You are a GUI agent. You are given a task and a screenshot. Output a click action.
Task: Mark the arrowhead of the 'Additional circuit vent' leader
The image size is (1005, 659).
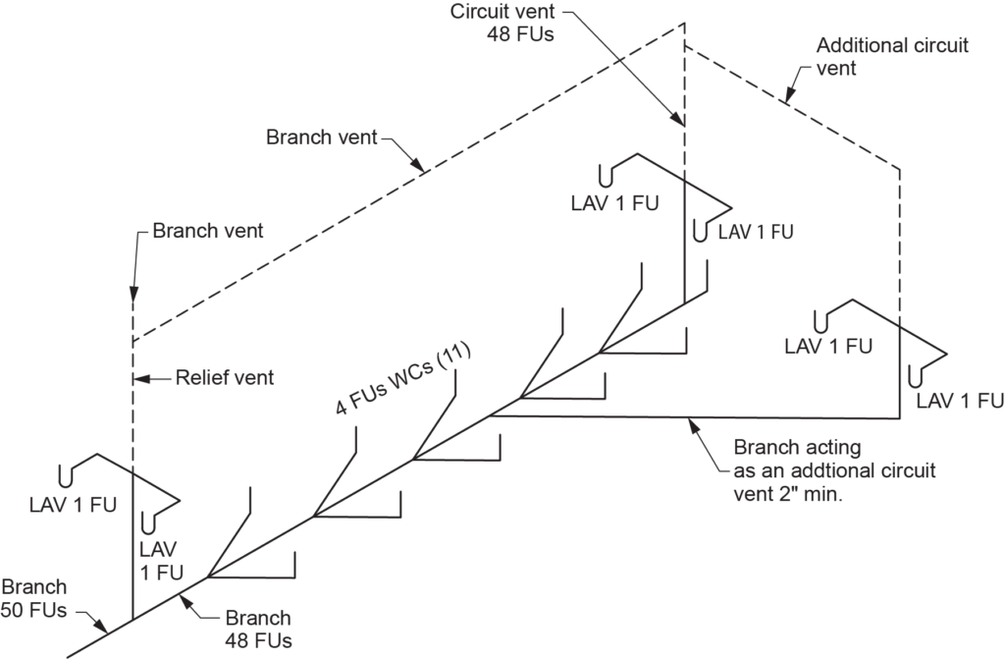point(790,98)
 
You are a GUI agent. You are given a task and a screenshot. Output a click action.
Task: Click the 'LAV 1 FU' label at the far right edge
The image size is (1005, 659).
point(960,400)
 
